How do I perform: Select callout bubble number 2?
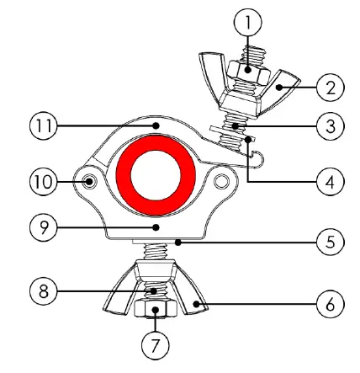pyautogui.click(x=330, y=85)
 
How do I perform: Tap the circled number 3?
pyautogui.click(x=330, y=127)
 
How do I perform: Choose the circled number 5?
pyautogui.click(x=330, y=242)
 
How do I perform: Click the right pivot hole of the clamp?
pyautogui.click(x=222, y=182)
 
